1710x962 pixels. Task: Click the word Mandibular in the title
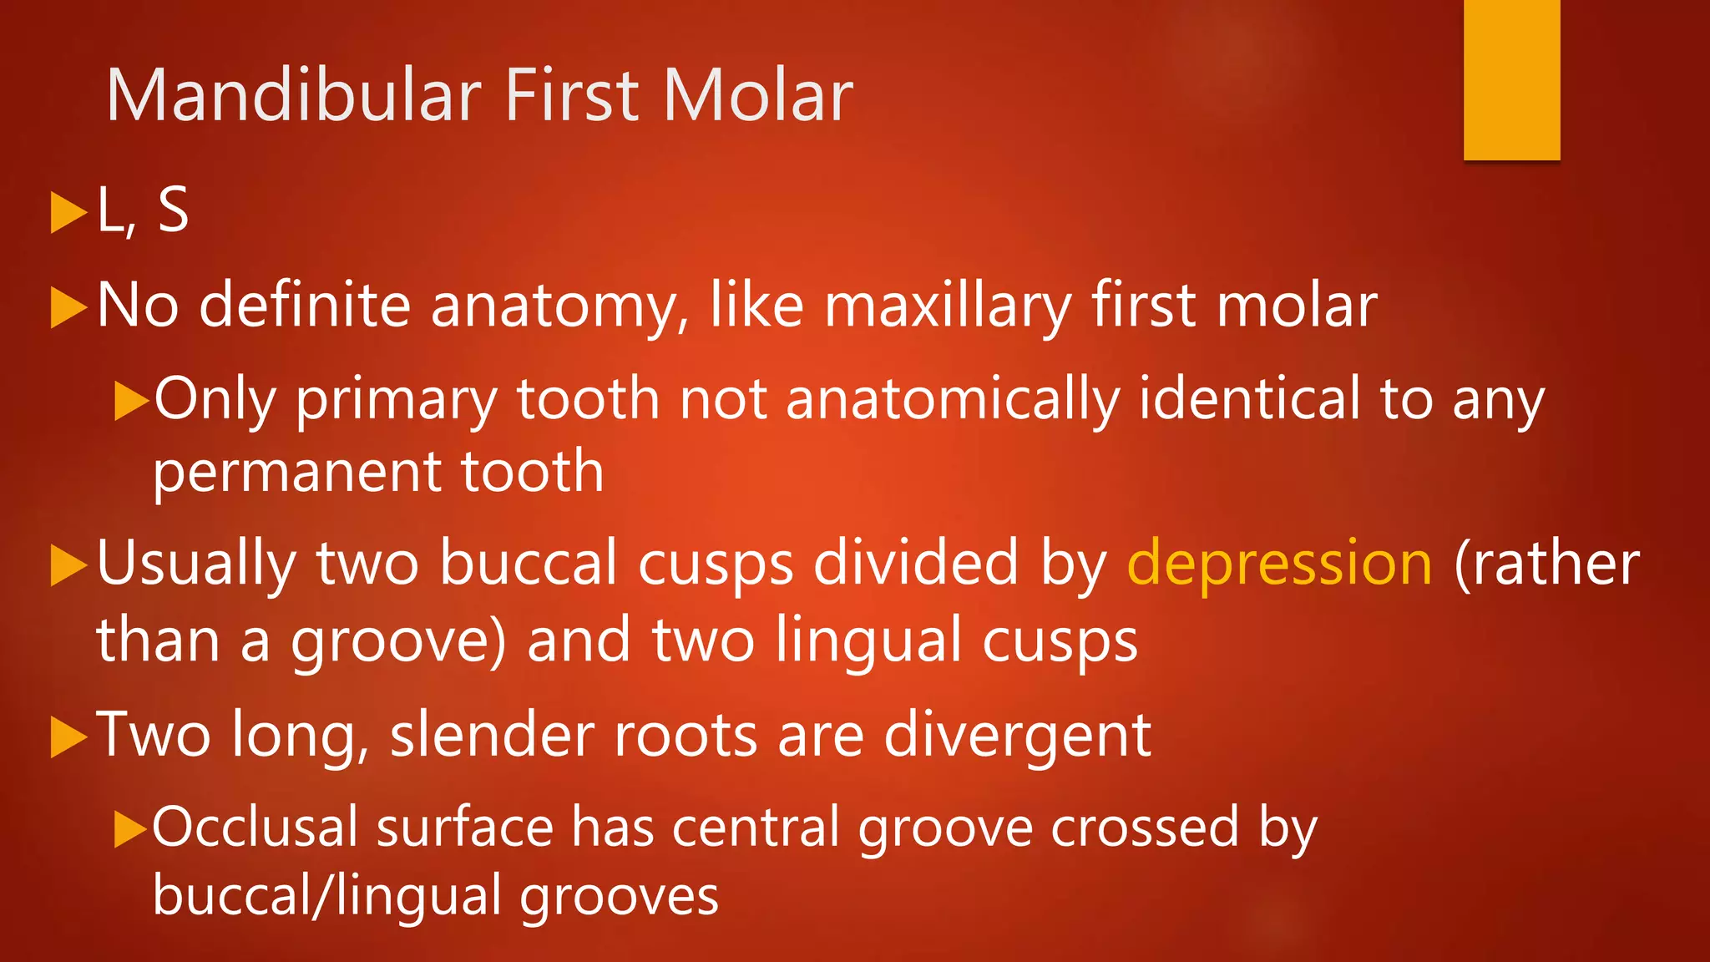[x=294, y=96]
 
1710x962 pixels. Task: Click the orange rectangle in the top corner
[x=1511, y=79]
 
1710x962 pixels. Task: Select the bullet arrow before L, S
[x=68, y=212]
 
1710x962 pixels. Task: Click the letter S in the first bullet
[x=173, y=210]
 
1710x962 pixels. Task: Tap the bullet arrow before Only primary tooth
[x=131, y=401]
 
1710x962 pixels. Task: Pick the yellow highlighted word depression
[x=1279, y=565]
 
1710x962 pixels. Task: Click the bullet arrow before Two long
[x=68, y=738]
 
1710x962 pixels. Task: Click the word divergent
[x=1017, y=737]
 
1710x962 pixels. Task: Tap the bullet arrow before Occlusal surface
[x=131, y=828]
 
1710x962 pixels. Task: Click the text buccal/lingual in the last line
[x=327, y=897]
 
